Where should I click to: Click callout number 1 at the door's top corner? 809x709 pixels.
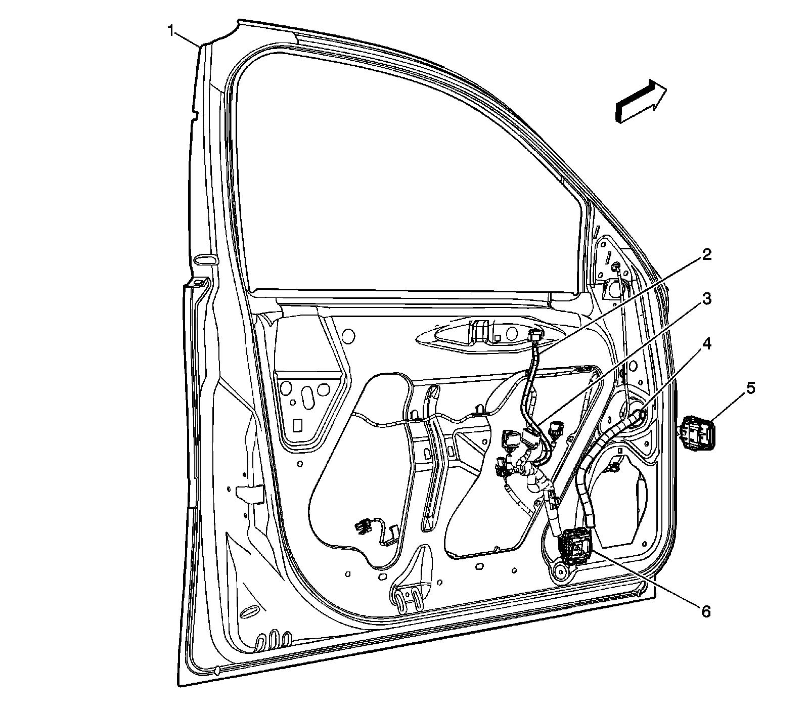click(172, 32)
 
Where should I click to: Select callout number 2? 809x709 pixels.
click(706, 254)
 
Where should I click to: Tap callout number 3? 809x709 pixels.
click(706, 299)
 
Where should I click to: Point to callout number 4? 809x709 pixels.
click(706, 344)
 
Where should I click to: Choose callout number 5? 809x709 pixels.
click(750, 389)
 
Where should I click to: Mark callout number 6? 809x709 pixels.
click(705, 611)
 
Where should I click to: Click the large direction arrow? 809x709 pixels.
click(640, 101)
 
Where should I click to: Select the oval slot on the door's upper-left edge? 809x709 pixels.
click(204, 259)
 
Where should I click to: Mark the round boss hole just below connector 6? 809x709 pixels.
click(559, 573)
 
